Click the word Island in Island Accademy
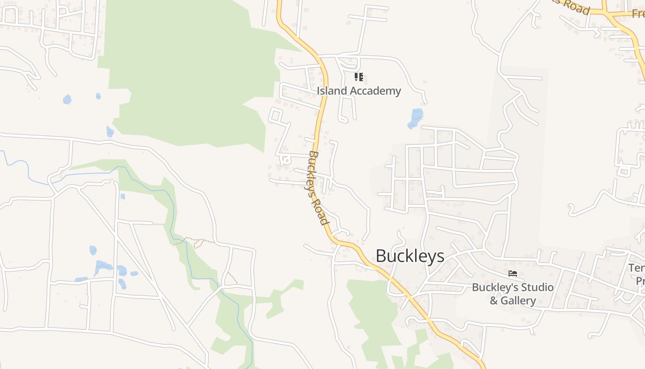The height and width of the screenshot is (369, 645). pyautogui.click(x=331, y=91)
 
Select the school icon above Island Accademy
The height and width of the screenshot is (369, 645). pyautogui.click(x=359, y=77)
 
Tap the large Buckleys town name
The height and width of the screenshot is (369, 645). pyautogui.click(x=410, y=256)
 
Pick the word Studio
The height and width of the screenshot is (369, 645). pyautogui.click(x=536, y=287)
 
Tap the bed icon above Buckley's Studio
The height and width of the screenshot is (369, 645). pyautogui.click(x=512, y=274)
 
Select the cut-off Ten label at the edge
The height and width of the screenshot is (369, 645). pyautogui.click(x=636, y=268)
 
